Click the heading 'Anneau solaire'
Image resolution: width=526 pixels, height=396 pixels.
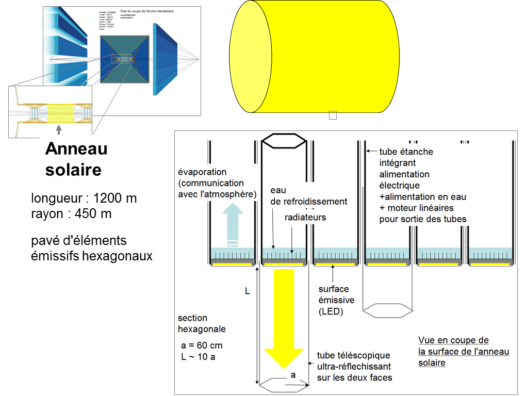(x=76, y=159)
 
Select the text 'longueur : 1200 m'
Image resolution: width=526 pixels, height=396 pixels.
(x=84, y=199)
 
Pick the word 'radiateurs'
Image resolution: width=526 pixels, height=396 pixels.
(x=305, y=217)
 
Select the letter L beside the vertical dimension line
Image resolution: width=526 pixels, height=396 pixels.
(x=247, y=291)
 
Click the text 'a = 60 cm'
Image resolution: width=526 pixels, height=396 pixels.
(x=200, y=345)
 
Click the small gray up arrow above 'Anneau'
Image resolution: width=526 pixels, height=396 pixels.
(x=58, y=129)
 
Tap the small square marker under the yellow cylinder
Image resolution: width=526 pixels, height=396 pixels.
(x=333, y=115)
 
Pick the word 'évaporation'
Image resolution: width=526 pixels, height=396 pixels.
(x=202, y=172)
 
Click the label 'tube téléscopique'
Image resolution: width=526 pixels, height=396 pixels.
(x=353, y=355)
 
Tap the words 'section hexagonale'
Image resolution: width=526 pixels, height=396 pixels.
(x=202, y=323)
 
